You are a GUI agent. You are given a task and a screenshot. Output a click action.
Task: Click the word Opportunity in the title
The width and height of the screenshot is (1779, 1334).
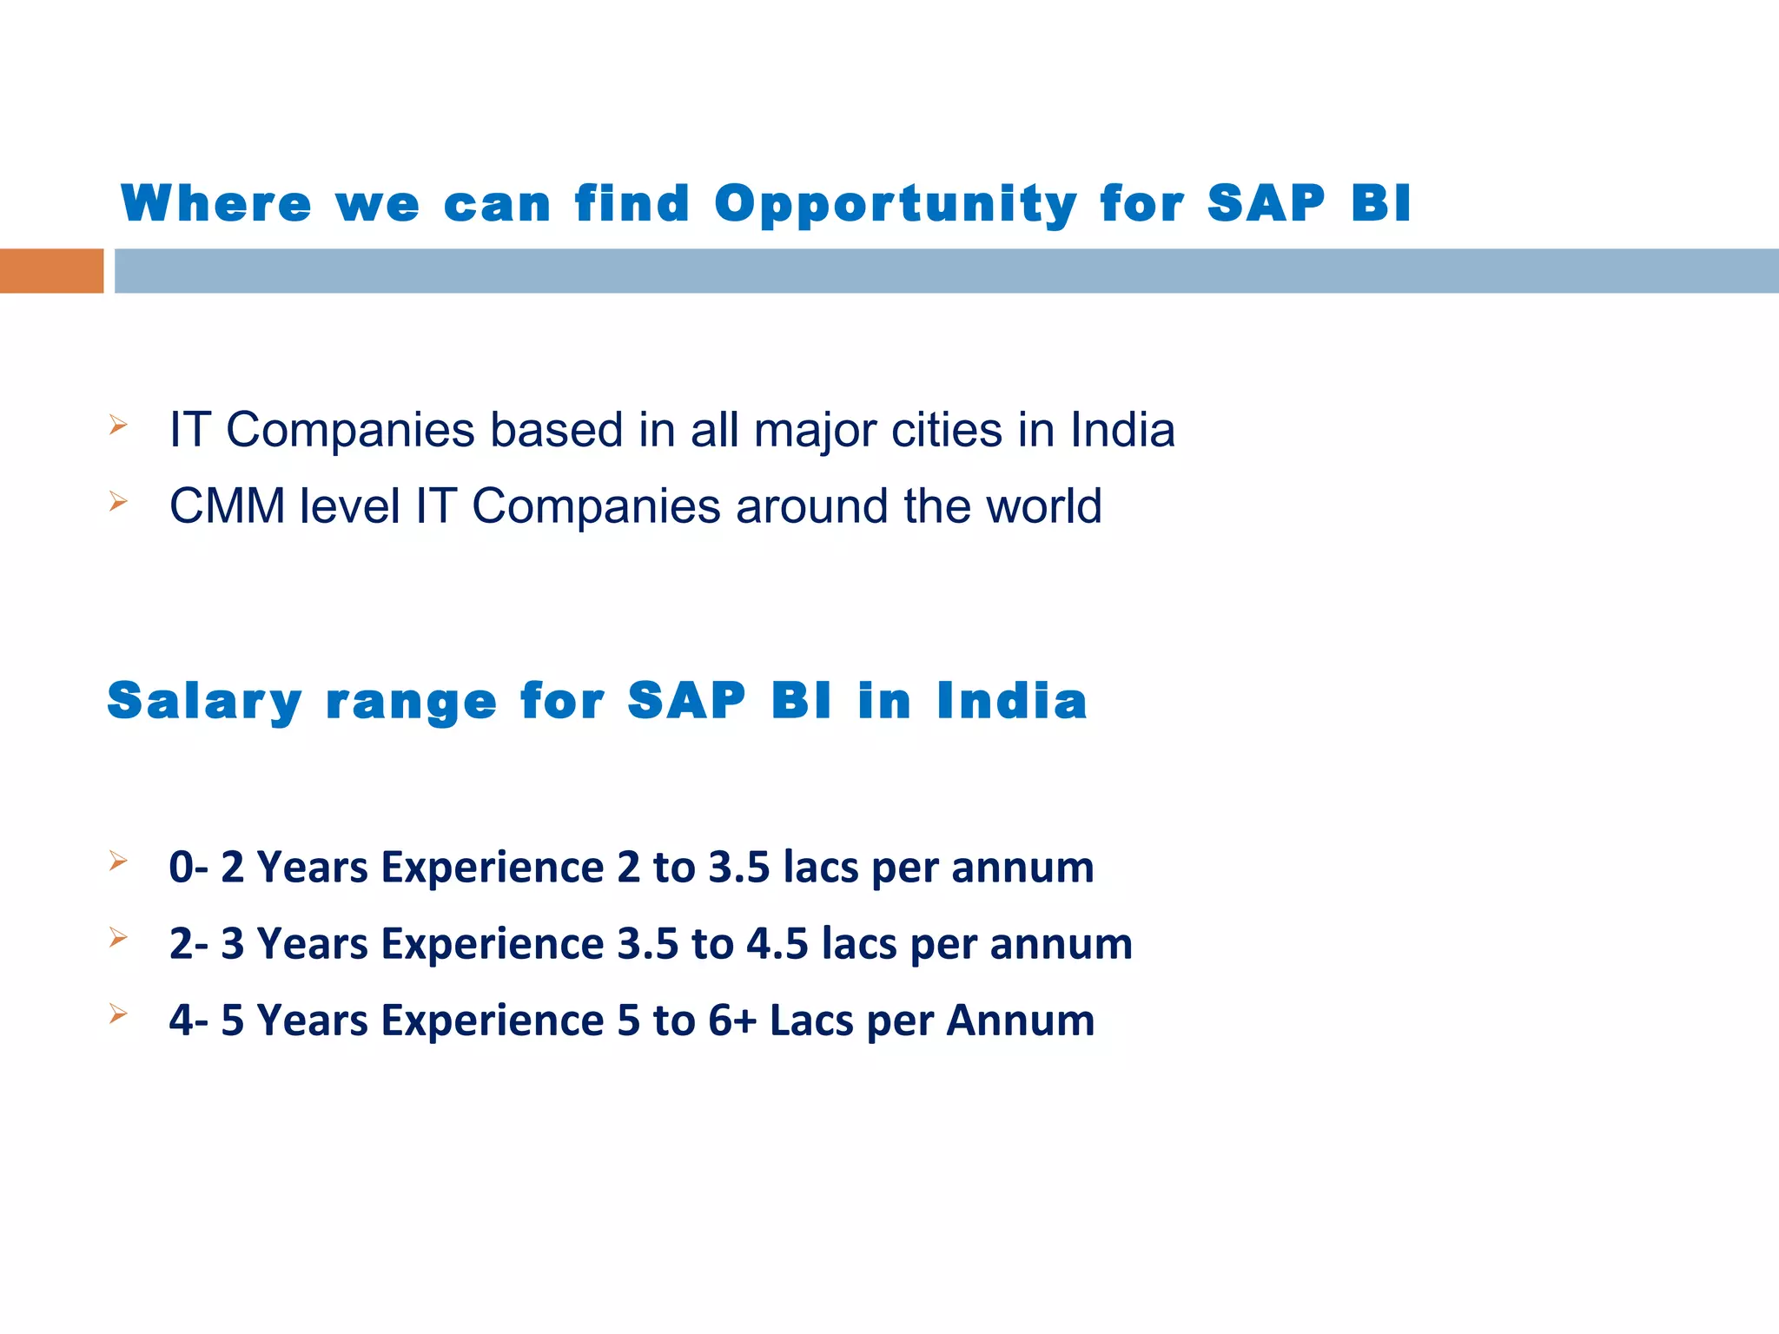click(x=896, y=205)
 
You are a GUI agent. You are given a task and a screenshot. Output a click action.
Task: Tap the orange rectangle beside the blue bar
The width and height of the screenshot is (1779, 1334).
click(x=51, y=271)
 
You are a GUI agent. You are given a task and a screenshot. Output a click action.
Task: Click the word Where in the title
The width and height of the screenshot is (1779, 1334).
click(x=216, y=204)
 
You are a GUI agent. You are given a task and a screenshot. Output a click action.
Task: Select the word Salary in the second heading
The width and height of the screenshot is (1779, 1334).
click(x=204, y=702)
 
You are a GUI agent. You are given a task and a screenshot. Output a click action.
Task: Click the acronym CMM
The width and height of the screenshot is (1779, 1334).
click(x=227, y=506)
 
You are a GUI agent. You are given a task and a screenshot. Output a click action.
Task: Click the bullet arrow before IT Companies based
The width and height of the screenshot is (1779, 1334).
click(x=118, y=426)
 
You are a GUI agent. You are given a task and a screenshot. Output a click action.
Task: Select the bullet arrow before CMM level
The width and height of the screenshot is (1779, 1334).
click(x=118, y=501)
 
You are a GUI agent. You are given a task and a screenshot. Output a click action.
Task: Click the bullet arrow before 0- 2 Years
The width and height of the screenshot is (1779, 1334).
click(x=118, y=862)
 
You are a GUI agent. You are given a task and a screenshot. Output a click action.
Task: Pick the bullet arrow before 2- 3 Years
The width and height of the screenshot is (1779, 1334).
click(x=118, y=938)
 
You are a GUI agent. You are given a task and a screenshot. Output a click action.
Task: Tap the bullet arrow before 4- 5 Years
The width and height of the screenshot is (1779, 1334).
click(x=118, y=1014)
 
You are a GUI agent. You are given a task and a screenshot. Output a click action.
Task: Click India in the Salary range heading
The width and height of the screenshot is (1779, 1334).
click(x=1011, y=702)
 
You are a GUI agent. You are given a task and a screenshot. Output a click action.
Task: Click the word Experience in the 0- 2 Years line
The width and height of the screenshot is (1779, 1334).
click(x=493, y=868)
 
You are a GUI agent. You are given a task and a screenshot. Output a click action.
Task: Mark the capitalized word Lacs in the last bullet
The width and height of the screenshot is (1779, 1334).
click(x=811, y=1020)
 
